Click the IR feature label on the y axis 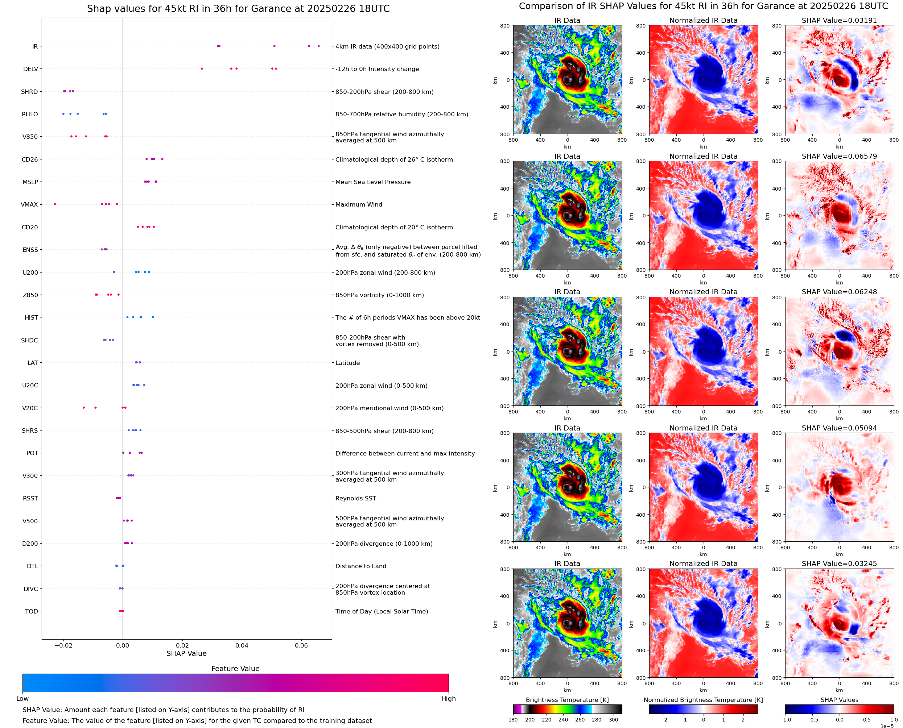pos(35,46)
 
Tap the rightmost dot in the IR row pos(318,46)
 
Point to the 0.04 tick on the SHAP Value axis pos(242,645)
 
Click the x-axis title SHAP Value pos(186,653)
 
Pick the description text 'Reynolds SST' pos(355,498)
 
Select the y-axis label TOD pos(32,611)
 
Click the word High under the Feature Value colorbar pos(448,698)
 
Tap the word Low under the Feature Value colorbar pos(22,698)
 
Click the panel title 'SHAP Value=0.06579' pos(839,157)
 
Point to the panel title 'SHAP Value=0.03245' pos(839,563)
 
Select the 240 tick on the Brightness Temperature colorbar pos(563,720)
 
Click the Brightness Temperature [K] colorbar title pos(567,700)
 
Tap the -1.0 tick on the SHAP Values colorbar pos(786,720)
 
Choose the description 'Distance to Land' pos(360,566)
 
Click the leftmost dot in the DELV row pos(202,69)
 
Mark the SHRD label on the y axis pos(29,92)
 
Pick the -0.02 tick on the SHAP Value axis pos(63,645)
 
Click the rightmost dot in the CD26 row pos(162,159)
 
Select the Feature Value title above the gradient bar pos(235,669)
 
